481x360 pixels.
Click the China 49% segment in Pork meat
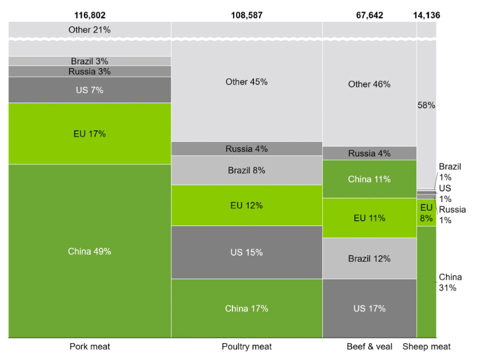pos(90,251)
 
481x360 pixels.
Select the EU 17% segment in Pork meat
pos(90,134)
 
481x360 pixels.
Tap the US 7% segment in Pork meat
pos(90,90)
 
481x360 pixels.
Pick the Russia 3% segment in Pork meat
pos(90,71)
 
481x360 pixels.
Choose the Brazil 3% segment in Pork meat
pos(90,61)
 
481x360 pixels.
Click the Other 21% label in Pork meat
pos(90,30)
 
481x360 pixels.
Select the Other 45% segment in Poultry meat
pos(246,82)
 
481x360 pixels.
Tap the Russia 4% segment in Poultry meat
pos(246,149)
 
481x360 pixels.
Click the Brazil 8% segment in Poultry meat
pos(246,171)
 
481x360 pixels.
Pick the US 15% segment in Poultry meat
pos(246,252)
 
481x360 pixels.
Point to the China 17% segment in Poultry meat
pos(246,308)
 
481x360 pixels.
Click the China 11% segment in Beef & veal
pos(369,179)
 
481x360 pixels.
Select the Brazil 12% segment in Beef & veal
pos(369,258)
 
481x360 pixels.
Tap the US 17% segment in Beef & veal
pos(369,308)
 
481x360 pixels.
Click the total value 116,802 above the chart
pos(90,14)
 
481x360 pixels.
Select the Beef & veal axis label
pos(369,347)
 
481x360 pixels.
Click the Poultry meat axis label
pos(246,347)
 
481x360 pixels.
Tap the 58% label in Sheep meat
pos(426,105)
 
